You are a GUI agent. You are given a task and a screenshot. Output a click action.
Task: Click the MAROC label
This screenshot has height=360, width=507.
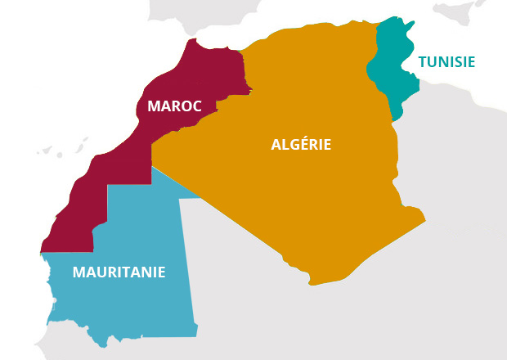[174, 106]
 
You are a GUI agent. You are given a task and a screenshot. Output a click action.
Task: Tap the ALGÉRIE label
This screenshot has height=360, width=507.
[301, 145]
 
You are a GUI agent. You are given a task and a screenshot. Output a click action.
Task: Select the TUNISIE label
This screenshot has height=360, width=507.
[446, 61]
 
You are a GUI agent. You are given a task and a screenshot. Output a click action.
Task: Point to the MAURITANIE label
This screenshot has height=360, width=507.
[119, 272]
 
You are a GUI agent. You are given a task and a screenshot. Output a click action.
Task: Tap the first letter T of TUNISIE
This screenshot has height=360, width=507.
[423, 61]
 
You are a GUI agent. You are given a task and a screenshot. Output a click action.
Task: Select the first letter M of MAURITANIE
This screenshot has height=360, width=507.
[79, 272]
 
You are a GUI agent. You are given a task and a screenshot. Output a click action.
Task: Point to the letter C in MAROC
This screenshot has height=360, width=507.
[196, 106]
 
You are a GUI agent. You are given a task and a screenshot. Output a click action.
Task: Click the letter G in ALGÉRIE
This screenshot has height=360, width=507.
[289, 145]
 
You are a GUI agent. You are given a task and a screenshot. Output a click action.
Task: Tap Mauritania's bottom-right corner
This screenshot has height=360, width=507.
[197, 335]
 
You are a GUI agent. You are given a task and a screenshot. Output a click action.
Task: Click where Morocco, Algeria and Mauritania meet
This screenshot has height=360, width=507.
[152, 166]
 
